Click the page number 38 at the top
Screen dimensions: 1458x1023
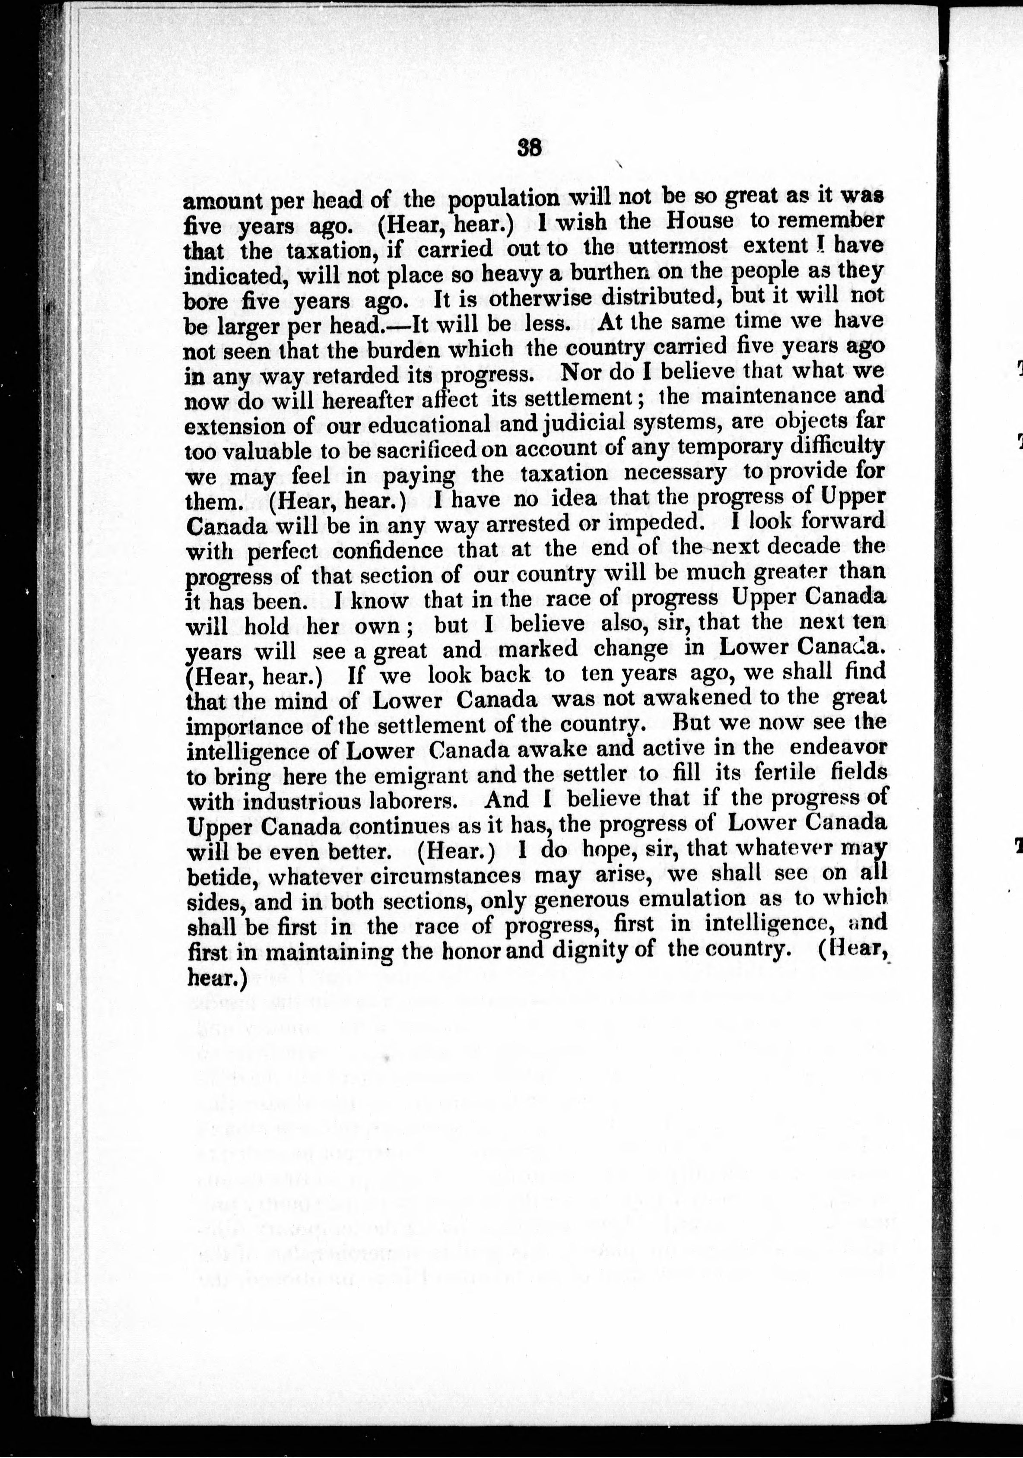(529, 148)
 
